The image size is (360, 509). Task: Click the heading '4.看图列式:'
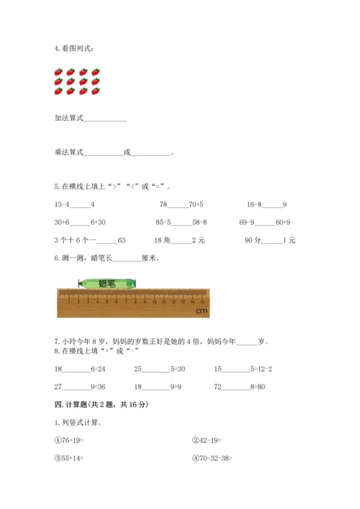pos(73,48)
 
